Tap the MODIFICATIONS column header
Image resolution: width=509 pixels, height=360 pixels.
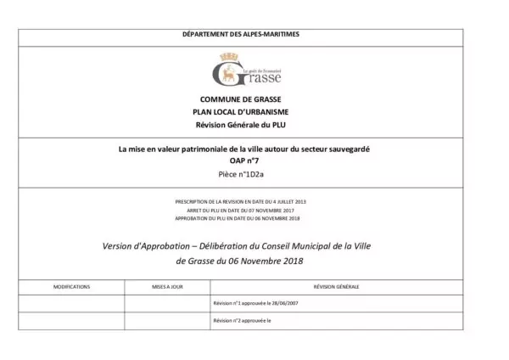(x=71, y=286)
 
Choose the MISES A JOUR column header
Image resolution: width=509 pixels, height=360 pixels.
(x=167, y=286)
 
